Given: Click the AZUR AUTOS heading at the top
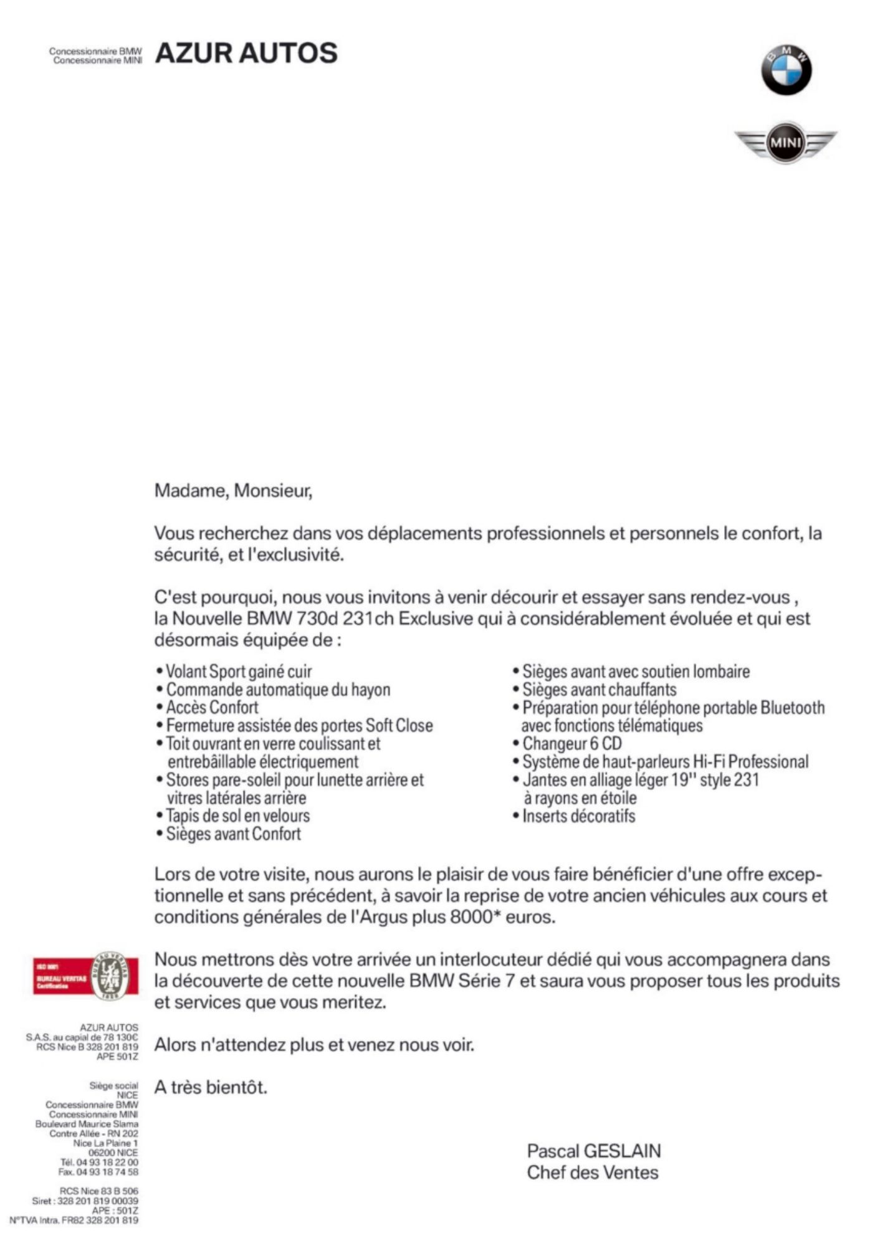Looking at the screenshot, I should [x=246, y=54].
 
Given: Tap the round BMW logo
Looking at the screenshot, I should [x=786, y=70].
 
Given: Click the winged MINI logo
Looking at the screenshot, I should [x=785, y=143].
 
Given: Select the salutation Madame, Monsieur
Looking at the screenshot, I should [x=233, y=491].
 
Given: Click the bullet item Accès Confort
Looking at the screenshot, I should [x=212, y=708].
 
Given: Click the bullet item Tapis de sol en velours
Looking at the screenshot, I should [x=237, y=816].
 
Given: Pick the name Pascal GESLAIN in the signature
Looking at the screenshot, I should [x=593, y=1151].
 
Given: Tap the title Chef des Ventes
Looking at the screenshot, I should [x=592, y=1173].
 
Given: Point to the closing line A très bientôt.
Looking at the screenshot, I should [x=211, y=1088].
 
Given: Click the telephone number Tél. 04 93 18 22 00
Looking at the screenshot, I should [x=99, y=1162].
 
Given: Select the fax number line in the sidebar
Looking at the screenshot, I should [x=98, y=1172].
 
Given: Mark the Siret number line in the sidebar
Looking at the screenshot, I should [x=85, y=1201].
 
